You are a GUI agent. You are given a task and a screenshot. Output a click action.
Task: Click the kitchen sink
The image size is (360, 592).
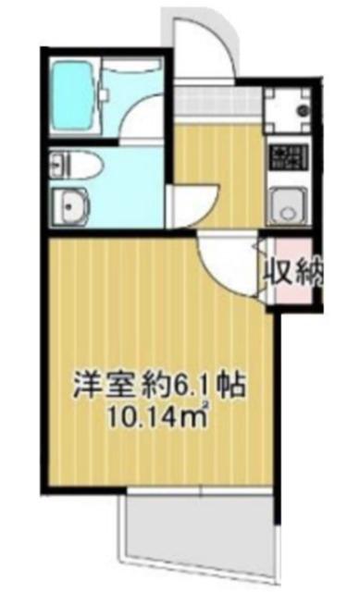(x=289, y=206)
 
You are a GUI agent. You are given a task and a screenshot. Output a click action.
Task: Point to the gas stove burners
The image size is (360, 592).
(x=289, y=157)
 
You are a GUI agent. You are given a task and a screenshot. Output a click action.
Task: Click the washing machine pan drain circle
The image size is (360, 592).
(x=303, y=110)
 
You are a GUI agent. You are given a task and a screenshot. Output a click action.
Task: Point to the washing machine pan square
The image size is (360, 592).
(x=288, y=109)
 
